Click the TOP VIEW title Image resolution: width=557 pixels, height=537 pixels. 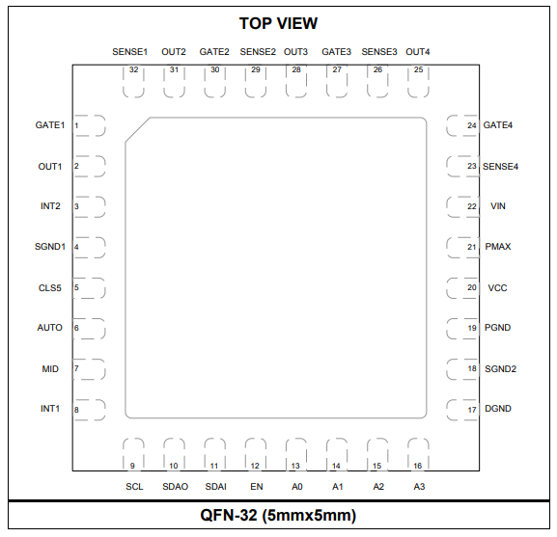click(x=278, y=23)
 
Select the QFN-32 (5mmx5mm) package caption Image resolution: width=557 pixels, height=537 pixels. click(x=278, y=515)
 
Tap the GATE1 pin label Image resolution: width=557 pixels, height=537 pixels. click(x=50, y=125)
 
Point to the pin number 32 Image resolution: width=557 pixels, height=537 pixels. click(x=133, y=69)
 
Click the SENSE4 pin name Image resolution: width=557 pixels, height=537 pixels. click(x=500, y=167)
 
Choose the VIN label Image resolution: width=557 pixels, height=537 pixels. click(x=498, y=206)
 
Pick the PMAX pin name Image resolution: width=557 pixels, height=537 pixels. click(x=498, y=247)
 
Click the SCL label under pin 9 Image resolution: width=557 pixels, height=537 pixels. click(x=134, y=487)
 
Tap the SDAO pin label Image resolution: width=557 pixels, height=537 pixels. click(x=175, y=487)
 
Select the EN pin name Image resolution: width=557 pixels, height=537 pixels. click(x=257, y=487)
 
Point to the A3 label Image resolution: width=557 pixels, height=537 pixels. click(x=419, y=487)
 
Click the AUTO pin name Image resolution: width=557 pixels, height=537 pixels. click(x=50, y=328)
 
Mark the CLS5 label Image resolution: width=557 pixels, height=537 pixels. click(x=50, y=287)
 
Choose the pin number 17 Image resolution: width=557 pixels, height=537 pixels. click(x=472, y=410)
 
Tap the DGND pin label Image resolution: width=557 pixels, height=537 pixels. click(x=498, y=409)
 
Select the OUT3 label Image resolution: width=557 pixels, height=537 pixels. click(x=295, y=52)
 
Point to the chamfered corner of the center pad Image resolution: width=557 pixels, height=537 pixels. click(x=137, y=130)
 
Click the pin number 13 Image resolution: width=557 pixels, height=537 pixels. click(x=295, y=466)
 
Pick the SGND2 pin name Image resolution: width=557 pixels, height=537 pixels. click(x=500, y=369)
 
